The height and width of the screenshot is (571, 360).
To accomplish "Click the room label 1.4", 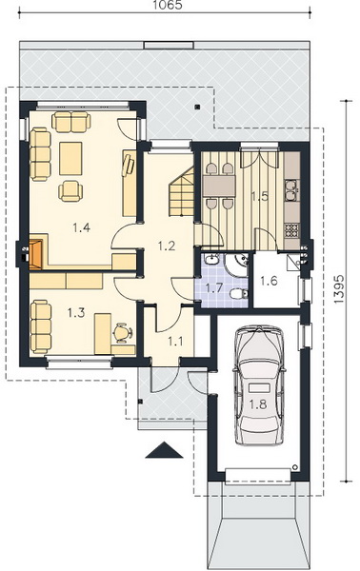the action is [81, 228].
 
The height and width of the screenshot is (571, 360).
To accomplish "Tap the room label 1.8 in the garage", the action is [258, 404].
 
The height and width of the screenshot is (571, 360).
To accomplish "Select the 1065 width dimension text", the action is [168, 5].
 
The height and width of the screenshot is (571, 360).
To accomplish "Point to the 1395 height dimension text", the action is [338, 288].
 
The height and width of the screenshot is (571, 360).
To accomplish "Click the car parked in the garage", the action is [259, 385].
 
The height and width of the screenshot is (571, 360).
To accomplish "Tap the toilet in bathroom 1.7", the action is [239, 293].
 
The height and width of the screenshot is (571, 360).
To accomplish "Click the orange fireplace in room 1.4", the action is [36, 254].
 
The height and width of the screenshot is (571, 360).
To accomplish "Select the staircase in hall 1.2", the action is [182, 192].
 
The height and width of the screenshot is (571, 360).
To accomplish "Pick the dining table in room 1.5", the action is [219, 187].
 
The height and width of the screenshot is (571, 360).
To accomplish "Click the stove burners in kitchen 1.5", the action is [291, 230].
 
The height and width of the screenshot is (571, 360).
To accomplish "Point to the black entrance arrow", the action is [165, 450].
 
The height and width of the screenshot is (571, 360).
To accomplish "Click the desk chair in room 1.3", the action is [123, 332].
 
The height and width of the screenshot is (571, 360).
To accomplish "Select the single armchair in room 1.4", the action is [70, 191].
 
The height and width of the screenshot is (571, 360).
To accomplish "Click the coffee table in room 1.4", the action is [70, 158].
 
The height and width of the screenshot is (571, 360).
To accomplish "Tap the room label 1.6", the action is [270, 281].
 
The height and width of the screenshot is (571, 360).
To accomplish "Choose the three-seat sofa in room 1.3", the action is [40, 326].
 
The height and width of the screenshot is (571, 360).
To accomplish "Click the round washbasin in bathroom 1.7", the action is [211, 260].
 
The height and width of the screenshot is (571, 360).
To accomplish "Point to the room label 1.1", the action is [175, 342].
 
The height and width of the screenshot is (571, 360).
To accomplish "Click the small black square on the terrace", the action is [197, 107].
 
